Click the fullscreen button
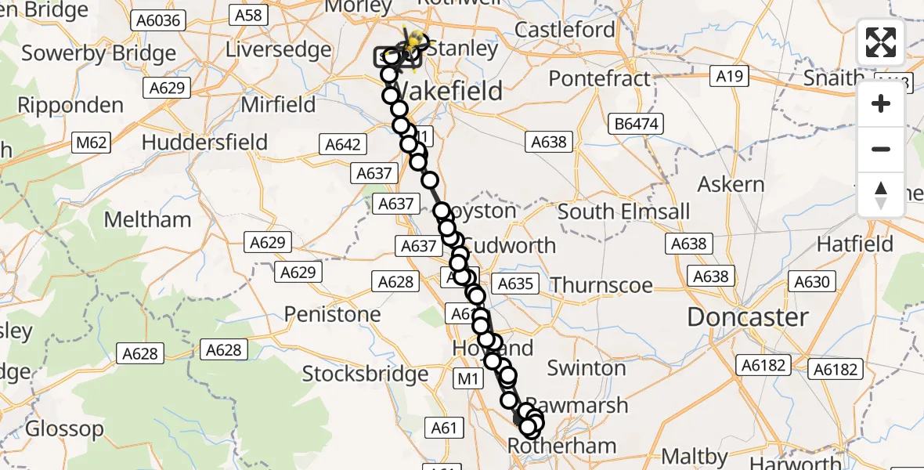[x=881, y=42]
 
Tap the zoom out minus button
[x=881, y=149]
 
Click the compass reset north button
[x=881, y=194]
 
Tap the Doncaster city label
[x=747, y=317]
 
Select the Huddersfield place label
[x=204, y=143]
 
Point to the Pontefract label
[x=599, y=79]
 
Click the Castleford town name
[x=565, y=30]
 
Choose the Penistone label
[x=333, y=314]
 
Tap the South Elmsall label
[x=624, y=211]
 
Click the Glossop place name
[x=64, y=428]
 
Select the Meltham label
[x=147, y=219]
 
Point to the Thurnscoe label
[x=601, y=284]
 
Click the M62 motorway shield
[x=90, y=143]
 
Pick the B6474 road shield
[x=637, y=124]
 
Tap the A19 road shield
[x=729, y=76]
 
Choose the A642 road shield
[x=342, y=144]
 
